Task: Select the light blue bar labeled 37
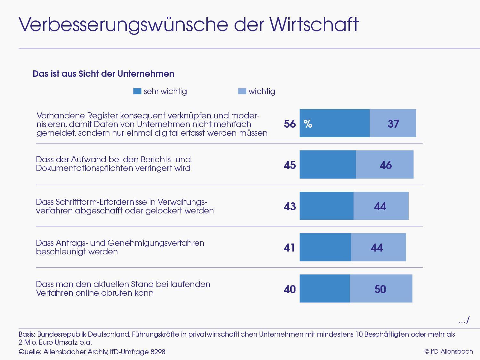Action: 393,123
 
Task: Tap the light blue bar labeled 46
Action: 385,164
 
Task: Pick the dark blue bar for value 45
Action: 328,164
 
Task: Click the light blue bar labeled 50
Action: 381,289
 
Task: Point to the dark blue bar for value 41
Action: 325,247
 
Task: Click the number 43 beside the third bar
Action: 290,206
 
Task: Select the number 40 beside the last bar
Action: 290,289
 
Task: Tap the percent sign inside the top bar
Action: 308,124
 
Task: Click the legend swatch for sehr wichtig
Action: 137,92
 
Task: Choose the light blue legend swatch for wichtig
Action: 242,92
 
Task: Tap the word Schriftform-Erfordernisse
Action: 96,202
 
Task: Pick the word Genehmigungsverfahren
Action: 156,243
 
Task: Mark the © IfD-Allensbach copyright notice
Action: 448,351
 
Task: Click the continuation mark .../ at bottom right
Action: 464,320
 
